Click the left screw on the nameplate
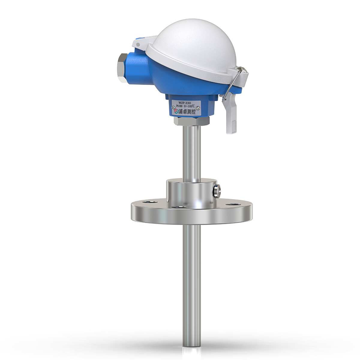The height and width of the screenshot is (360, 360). tap(173, 106)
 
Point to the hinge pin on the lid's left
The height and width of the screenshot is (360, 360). tap(138, 45)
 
